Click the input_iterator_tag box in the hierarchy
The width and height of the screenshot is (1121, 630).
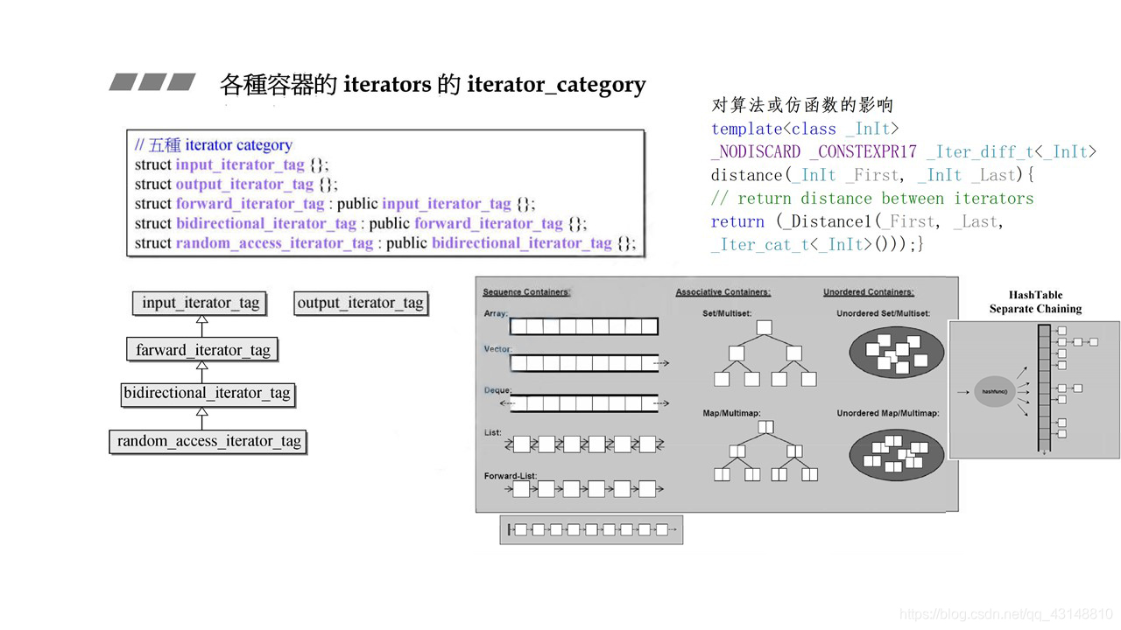pos(201,303)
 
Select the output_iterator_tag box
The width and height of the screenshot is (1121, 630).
pos(360,303)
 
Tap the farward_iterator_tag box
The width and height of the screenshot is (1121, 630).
pos(202,350)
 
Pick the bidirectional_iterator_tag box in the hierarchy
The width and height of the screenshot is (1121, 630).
pos(207,393)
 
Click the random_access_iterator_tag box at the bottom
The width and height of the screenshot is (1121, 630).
pos(208,441)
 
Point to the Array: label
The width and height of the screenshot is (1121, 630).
pos(496,312)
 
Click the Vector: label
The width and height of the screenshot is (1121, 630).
pos(497,348)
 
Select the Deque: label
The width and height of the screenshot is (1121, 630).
pos(497,390)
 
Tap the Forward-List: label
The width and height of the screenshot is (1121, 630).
pos(511,476)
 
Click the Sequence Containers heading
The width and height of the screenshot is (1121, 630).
pos(526,291)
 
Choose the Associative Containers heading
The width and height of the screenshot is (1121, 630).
pos(723,291)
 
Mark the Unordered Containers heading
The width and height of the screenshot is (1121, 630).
pos(868,291)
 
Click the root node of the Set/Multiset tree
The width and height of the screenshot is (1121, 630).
pos(764,328)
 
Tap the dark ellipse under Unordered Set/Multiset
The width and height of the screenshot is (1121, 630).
pos(896,353)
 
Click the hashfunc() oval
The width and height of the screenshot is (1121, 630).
pos(994,390)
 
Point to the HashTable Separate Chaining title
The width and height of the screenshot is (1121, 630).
pos(1035,302)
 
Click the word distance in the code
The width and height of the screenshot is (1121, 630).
pos(734,175)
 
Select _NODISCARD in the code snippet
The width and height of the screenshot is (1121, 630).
pos(756,151)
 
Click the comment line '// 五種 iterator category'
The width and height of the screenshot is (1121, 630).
pos(214,145)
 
